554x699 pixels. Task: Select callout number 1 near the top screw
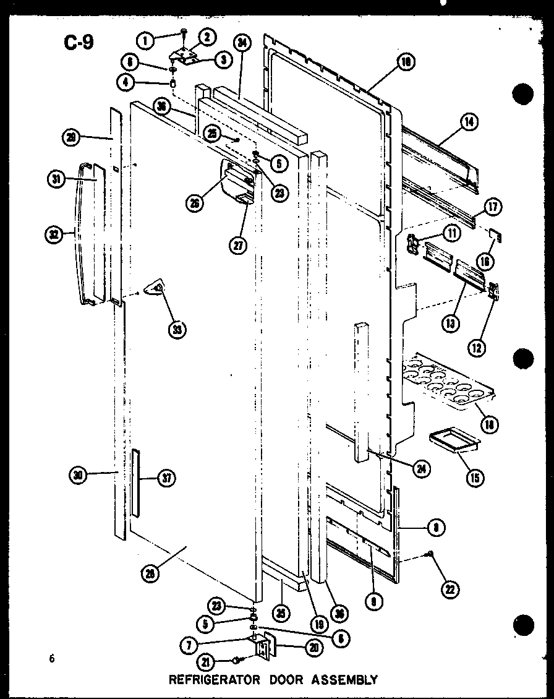pyautogui.click(x=146, y=41)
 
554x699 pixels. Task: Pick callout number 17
pyautogui.click(x=494, y=207)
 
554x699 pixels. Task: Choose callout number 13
pyautogui.click(x=451, y=322)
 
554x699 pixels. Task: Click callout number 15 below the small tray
pyautogui.click(x=476, y=477)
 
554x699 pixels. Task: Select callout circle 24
pyautogui.click(x=422, y=468)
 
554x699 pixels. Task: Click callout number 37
pyautogui.click(x=168, y=478)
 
